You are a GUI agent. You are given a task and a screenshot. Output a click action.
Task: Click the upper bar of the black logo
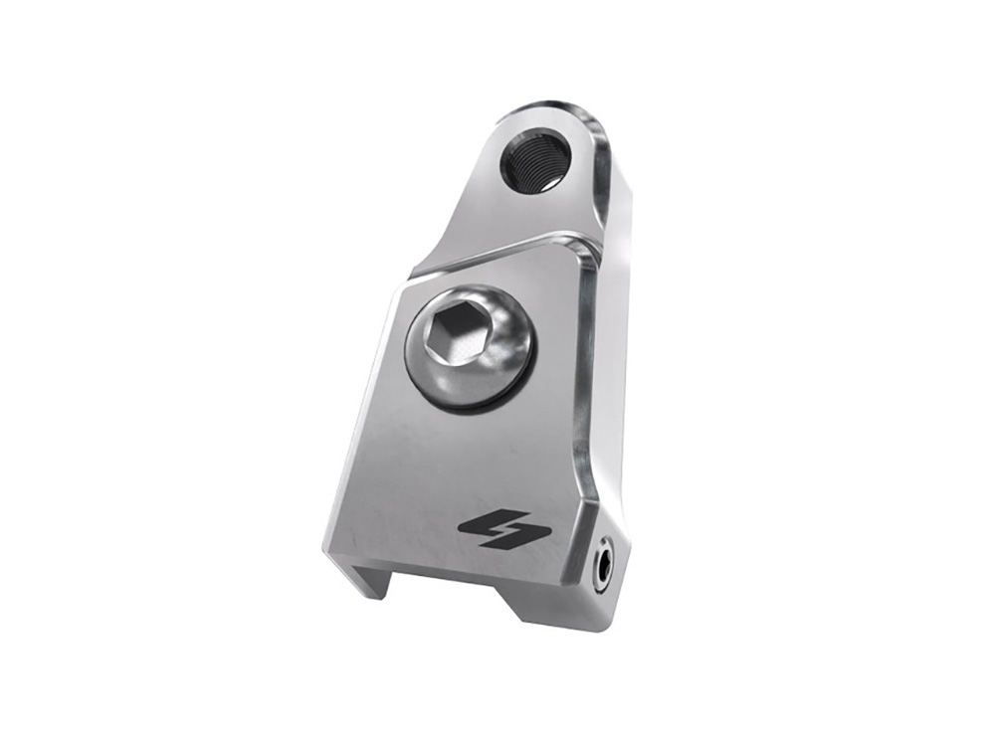(497, 521)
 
